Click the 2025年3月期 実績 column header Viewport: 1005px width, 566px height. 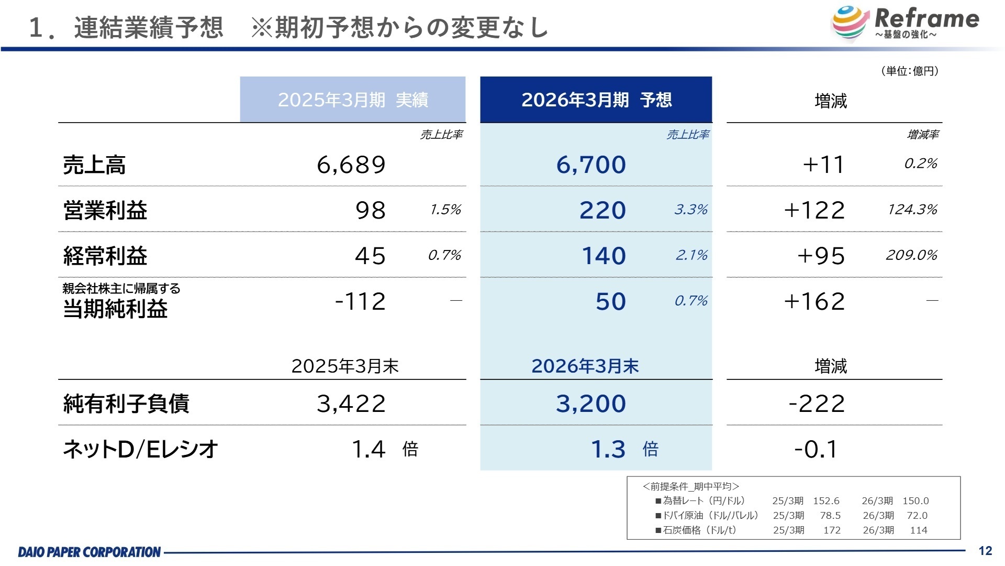tap(353, 100)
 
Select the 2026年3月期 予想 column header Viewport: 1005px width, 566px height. tap(596, 100)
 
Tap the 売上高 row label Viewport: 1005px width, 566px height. tap(94, 165)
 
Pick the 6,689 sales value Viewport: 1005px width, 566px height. tap(351, 165)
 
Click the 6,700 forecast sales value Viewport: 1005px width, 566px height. tap(591, 165)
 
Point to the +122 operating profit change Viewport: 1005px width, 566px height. tap(814, 210)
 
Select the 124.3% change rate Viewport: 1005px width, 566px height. tap(912, 210)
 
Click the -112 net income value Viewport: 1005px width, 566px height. tap(360, 301)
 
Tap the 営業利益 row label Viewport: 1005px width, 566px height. tap(105, 210)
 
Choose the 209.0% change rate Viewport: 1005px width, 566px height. tap(911, 255)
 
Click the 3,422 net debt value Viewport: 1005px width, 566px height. tap(351, 404)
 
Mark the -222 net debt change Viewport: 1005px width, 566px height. tap(817, 404)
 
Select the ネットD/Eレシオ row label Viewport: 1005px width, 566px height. tap(140, 449)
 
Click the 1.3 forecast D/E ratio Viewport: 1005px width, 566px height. tap(608, 449)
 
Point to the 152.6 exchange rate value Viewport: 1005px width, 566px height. tap(826, 501)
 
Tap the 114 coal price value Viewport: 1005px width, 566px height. tap(919, 530)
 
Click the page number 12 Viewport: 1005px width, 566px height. tap(985, 551)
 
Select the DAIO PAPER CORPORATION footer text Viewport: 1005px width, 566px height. tap(90, 552)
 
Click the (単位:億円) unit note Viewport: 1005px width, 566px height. tap(910, 71)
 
